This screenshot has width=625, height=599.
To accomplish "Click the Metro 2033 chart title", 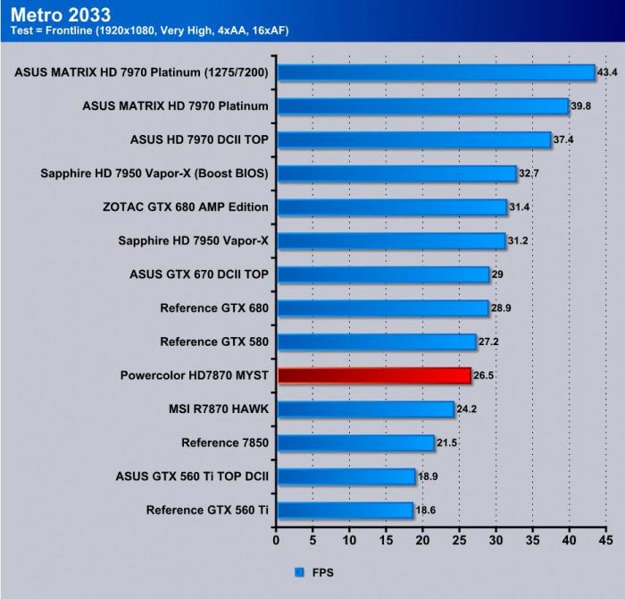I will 61,14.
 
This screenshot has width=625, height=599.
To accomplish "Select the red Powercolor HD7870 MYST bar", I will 374,375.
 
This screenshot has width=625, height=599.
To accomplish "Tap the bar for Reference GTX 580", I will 376,342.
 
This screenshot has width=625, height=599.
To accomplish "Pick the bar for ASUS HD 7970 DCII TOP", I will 413,139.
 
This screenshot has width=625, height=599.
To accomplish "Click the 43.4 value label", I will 609,72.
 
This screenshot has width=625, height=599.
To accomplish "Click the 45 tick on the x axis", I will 606,540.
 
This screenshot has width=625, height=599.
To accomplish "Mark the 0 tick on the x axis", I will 276,540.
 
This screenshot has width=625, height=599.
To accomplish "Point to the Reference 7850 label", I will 225,443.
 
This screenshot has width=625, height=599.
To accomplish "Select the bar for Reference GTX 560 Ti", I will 345,510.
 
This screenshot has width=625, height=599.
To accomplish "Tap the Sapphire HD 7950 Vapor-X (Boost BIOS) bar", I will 396,173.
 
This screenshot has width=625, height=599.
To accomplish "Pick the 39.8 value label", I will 583,105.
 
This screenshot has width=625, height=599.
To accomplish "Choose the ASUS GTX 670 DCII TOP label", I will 200,274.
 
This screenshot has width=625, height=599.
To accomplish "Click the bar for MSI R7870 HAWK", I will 365,409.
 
